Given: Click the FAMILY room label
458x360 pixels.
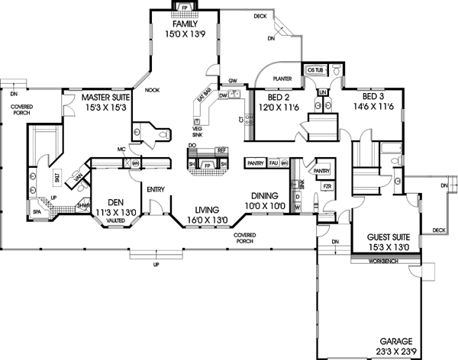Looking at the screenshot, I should (185, 24).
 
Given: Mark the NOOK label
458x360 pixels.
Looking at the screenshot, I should (153, 89).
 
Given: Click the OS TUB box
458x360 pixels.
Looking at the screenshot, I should (316, 70).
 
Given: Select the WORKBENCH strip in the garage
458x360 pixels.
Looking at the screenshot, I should (379, 260).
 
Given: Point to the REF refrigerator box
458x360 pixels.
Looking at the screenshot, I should (222, 150).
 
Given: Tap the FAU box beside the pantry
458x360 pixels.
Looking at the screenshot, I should (273, 162).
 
